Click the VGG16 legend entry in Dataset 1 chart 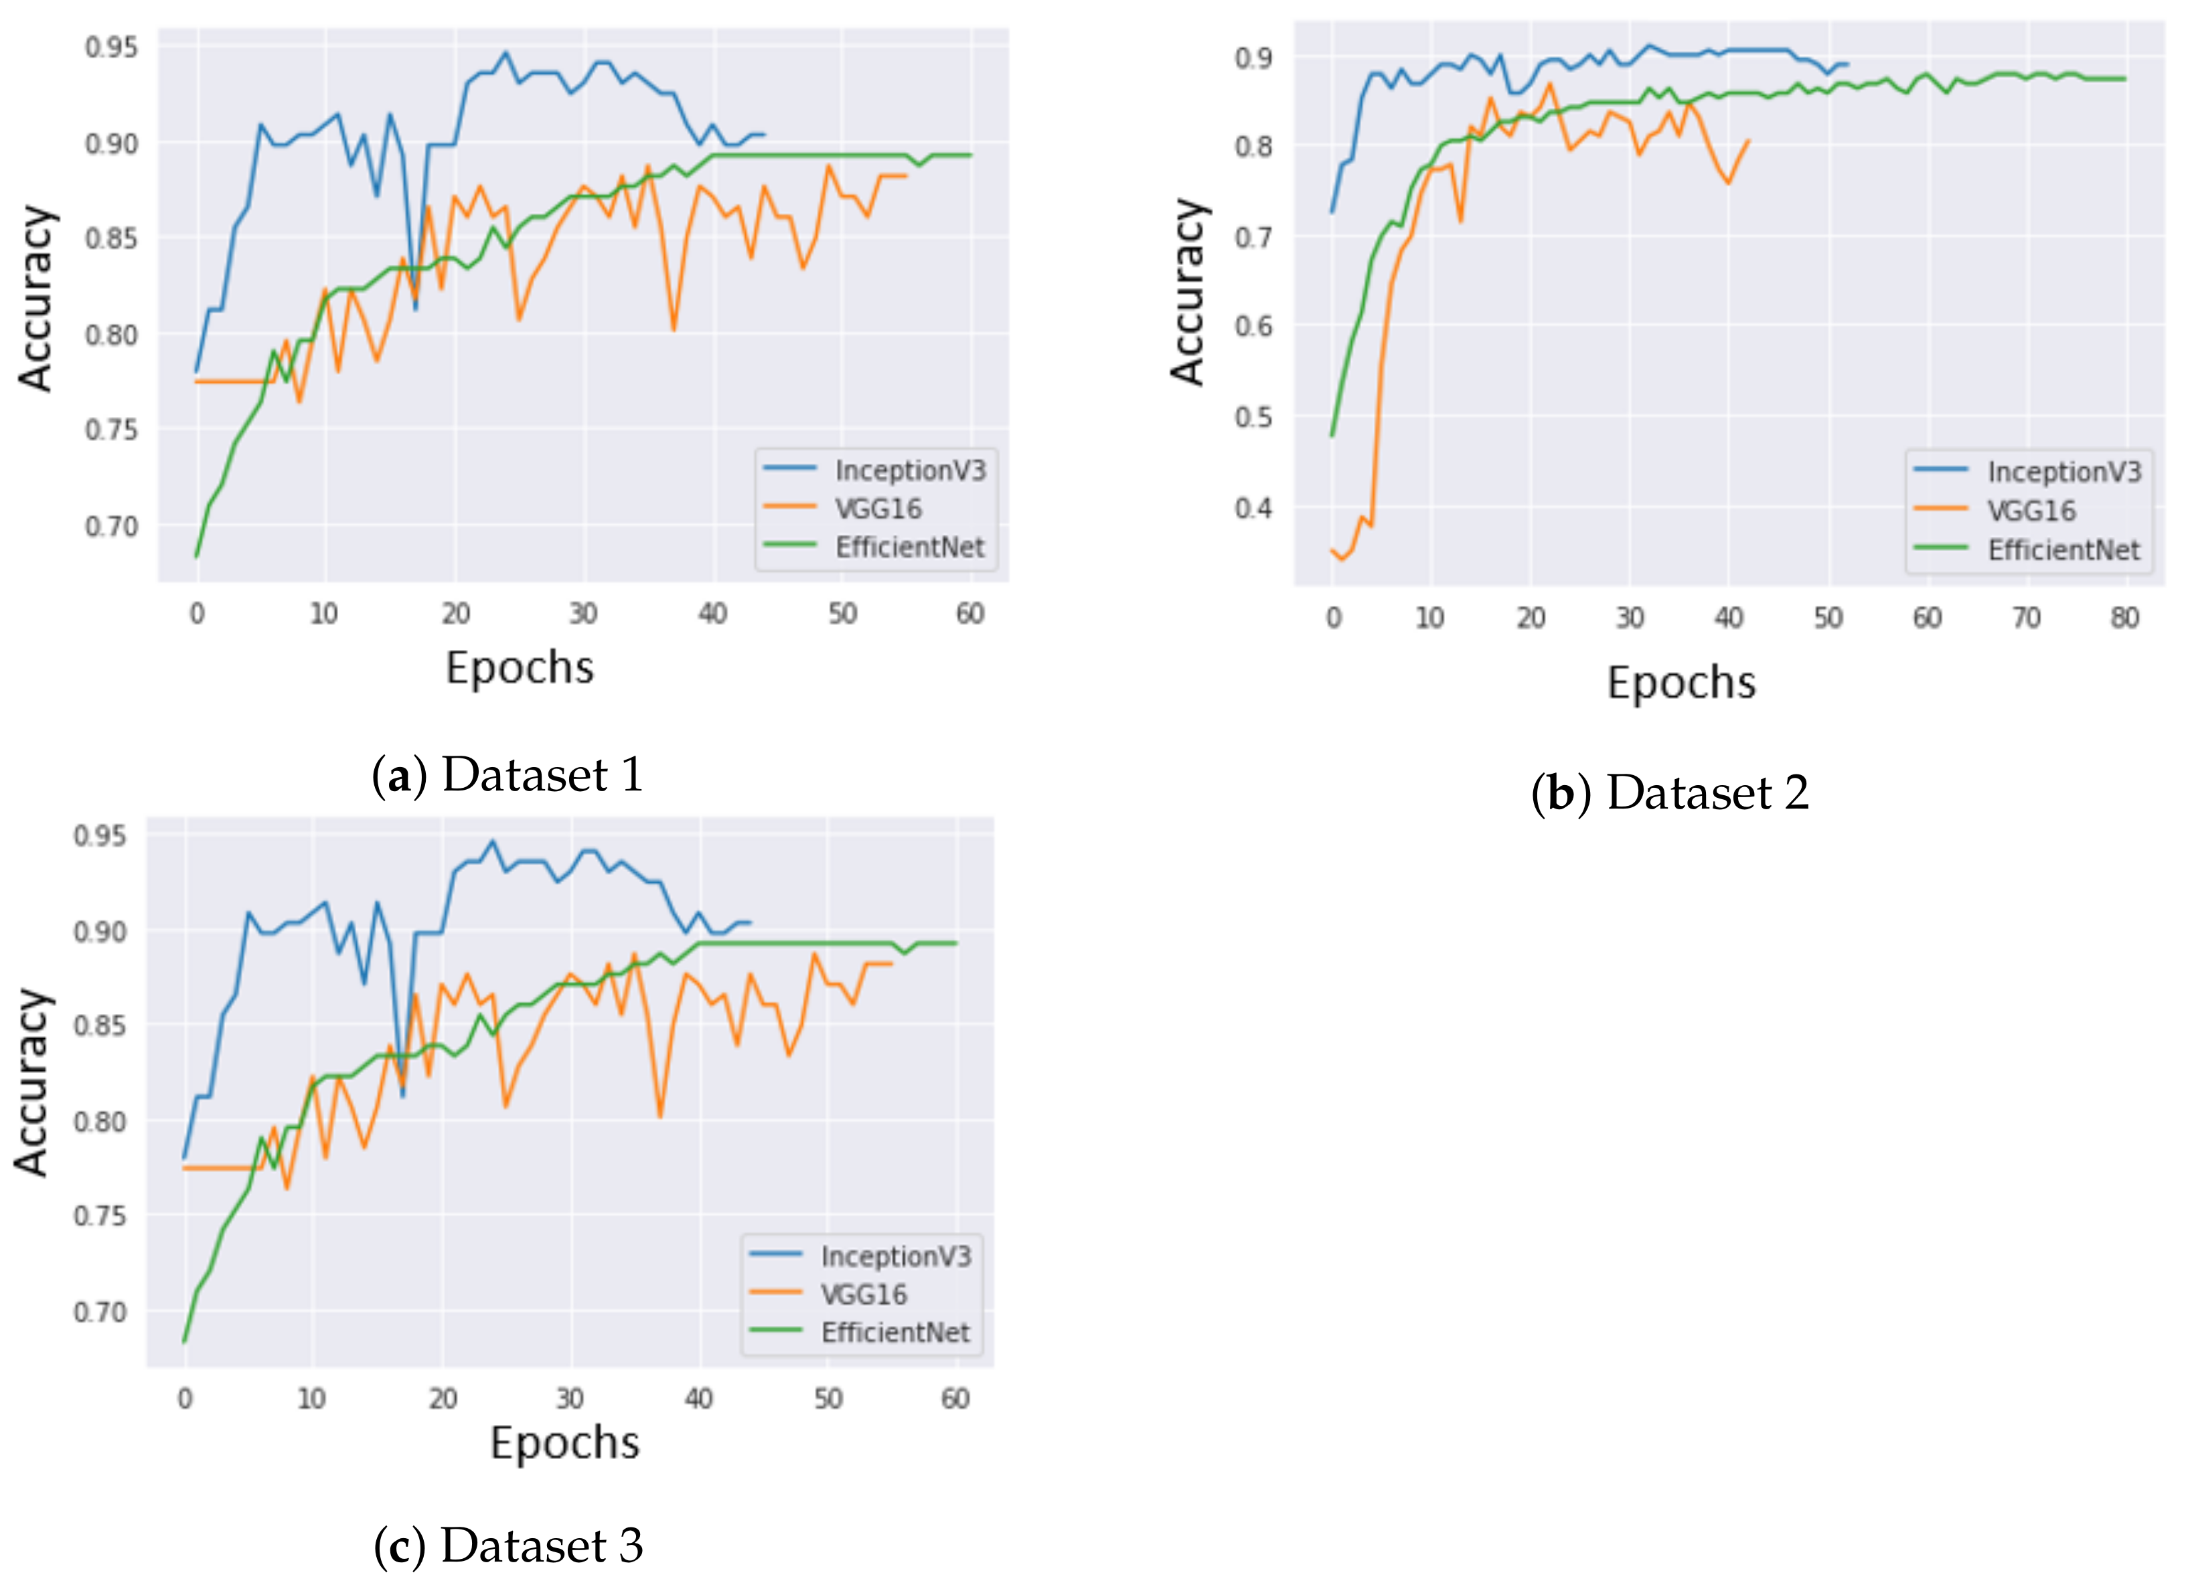[x=877, y=509]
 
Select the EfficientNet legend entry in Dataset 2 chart [x=2063, y=550]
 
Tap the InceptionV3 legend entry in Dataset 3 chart [x=895, y=1256]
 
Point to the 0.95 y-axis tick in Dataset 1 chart [x=111, y=48]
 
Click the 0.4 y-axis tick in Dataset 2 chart [x=1253, y=507]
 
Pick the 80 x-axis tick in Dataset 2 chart [x=2124, y=617]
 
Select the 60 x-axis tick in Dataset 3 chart [x=955, y=1398]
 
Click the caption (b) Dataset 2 [x=1669, y=793]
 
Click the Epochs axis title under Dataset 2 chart [x=1681, y=683]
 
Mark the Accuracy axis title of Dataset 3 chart [x=32, y=1082]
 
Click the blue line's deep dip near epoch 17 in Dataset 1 [x=416, y=309]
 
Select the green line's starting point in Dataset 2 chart [x=1332, y=436]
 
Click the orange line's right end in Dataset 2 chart [x=1748, y=141]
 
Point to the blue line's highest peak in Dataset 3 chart [x=492, y=840]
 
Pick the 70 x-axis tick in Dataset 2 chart [x=2026, y=617]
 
